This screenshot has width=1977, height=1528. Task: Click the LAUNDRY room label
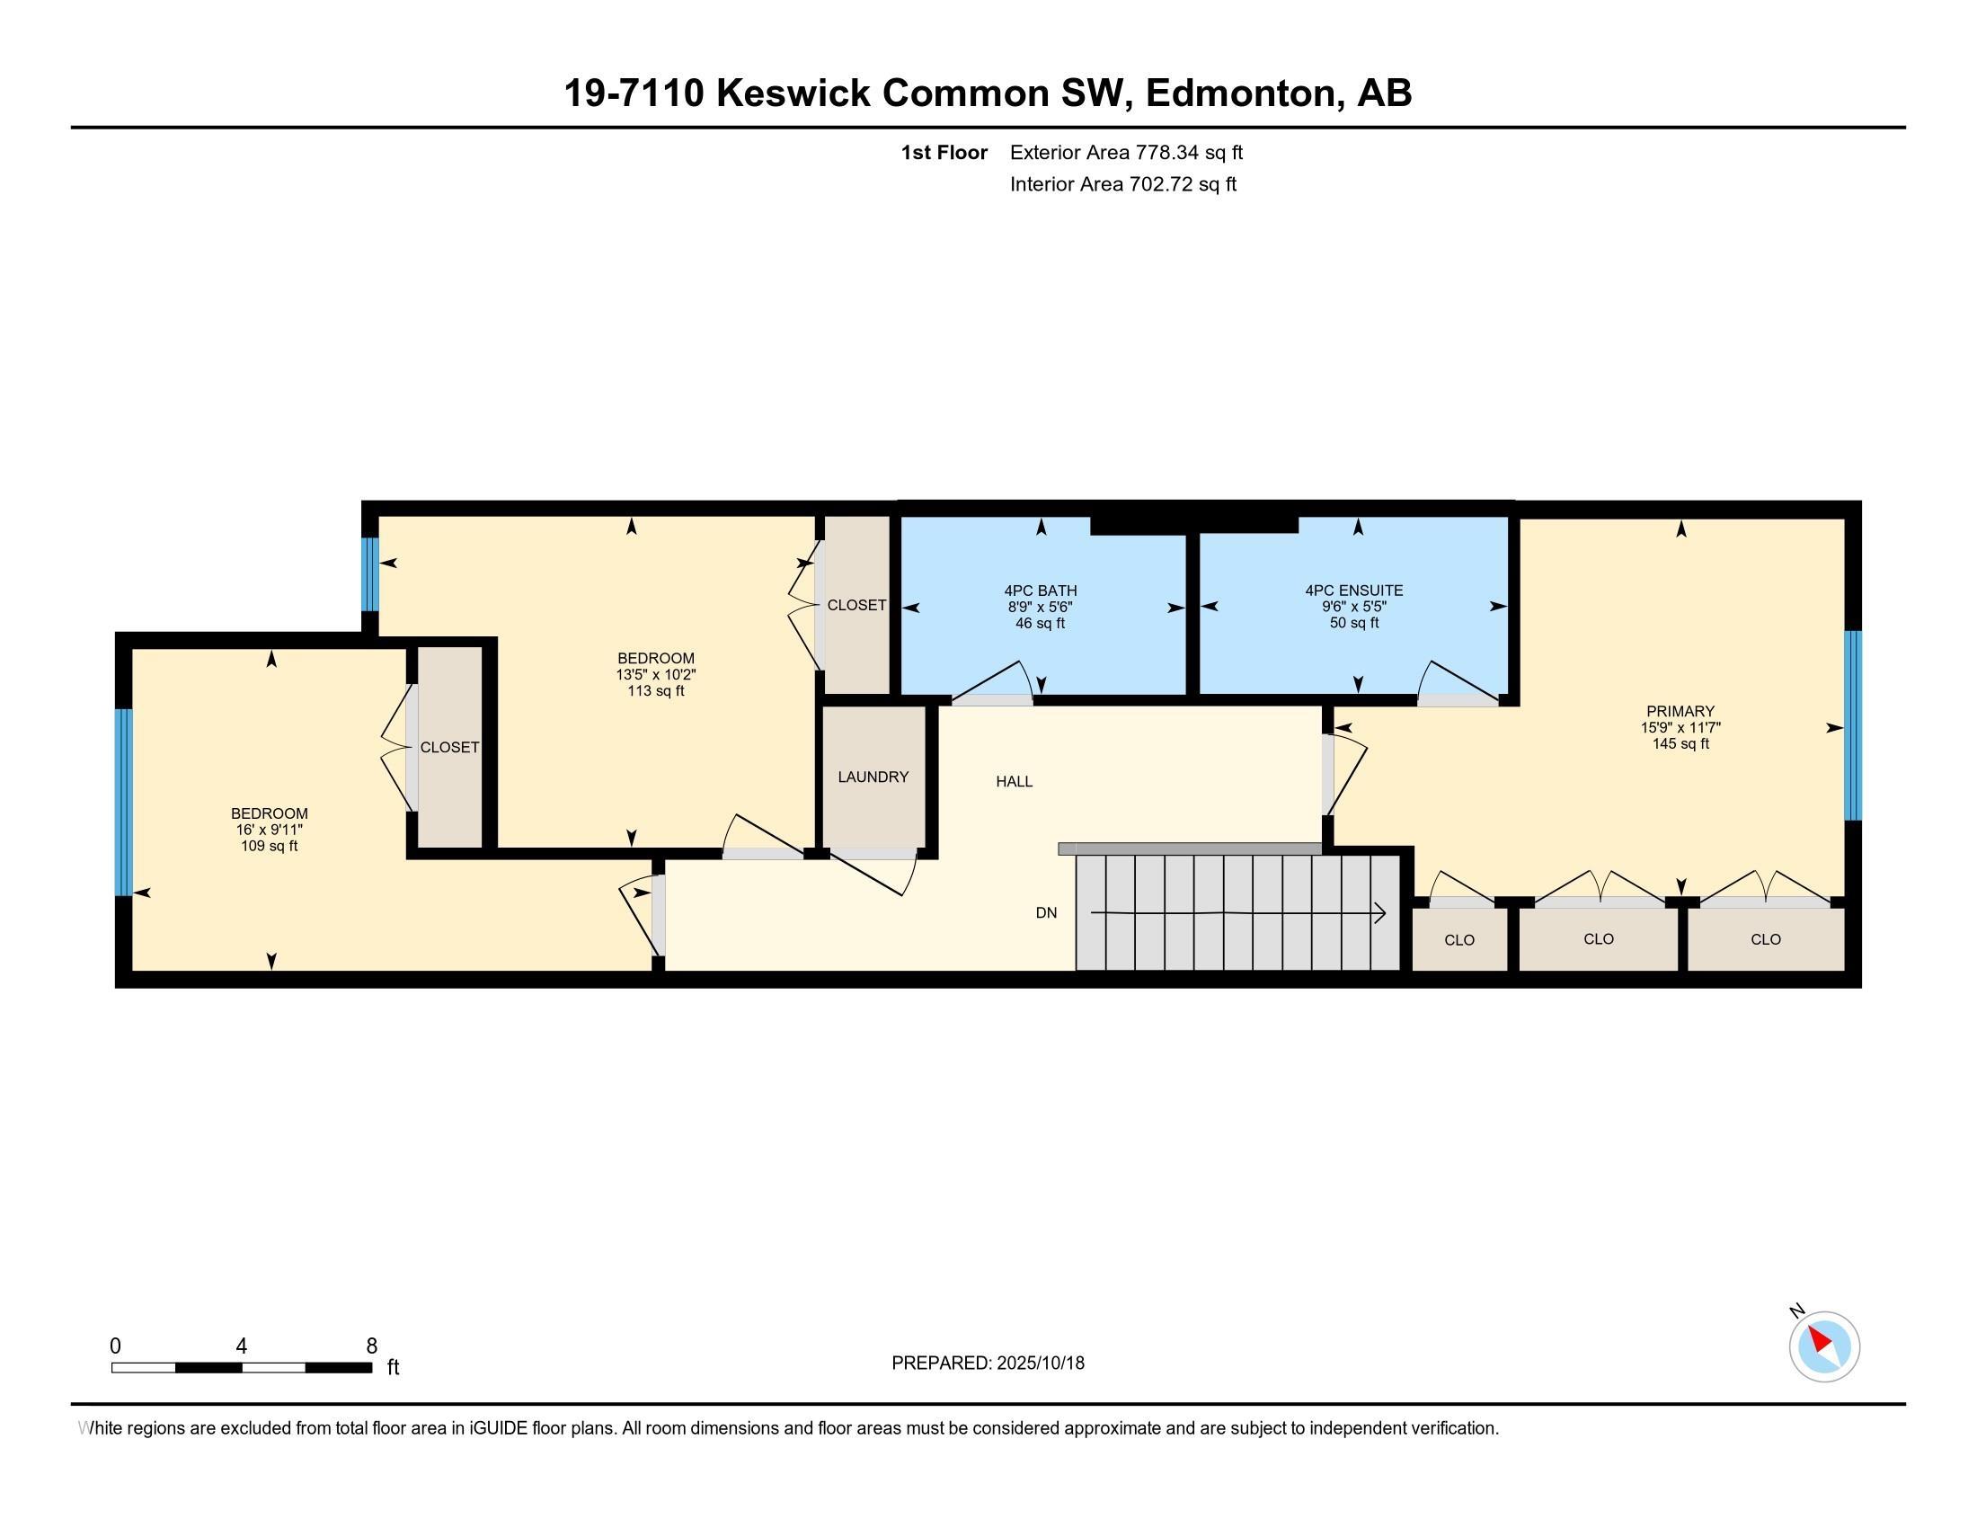tap(873, 777)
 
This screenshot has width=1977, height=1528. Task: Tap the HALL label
tap(1014, 781)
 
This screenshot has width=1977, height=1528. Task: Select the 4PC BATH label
tap(1040, 591)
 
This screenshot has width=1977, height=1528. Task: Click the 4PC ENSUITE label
tap(1353, 591)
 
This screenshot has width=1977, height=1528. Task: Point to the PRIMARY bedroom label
tap(1680, 711)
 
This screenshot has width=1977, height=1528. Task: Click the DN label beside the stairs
tap(1045, 912)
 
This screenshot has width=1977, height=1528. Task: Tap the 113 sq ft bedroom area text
tap(655, 690)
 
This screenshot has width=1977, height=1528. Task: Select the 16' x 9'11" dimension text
tap(269, 830)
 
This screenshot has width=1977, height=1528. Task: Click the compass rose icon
tap(1823, 1346)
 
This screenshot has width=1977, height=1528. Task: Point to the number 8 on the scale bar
tap(371, 1346)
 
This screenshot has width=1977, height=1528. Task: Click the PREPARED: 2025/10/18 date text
tap(988, 1364)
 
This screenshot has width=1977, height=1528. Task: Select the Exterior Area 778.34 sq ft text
tap(1126, 152)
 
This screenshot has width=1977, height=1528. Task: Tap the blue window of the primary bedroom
tap(1853, 725)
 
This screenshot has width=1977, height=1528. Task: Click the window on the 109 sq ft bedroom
tap(124, 802)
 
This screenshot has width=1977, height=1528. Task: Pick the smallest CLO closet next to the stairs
tap(1459, 939)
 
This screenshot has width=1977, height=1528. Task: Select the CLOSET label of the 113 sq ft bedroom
tap(856, 605)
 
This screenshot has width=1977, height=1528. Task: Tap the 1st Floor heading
tap(944, 152)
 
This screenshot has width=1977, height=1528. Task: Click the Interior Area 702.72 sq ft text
tap(1122, 184)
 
